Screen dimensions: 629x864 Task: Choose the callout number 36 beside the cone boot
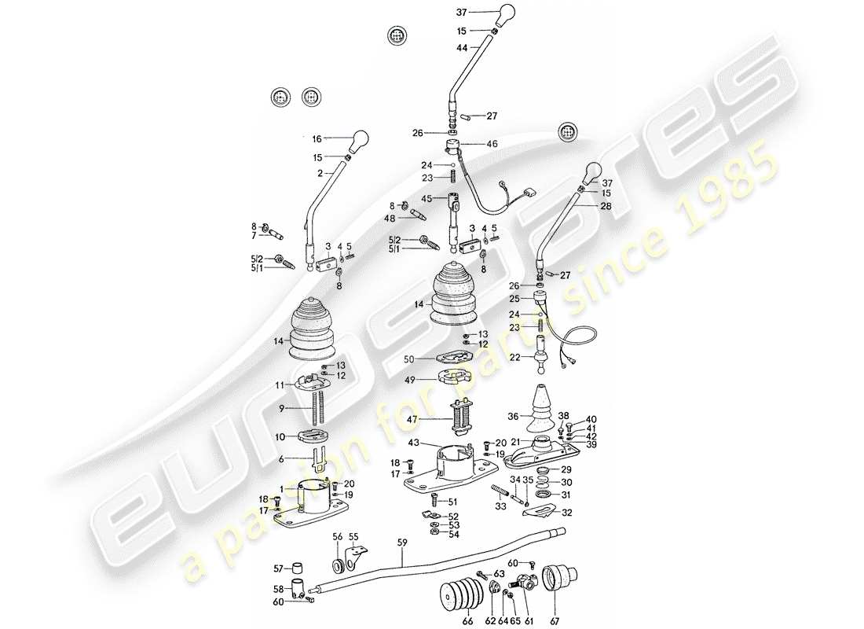pos(512,417)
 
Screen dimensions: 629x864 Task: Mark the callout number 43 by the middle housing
pos(413,445)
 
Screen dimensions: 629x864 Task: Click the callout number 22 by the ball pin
pos(515,358)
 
